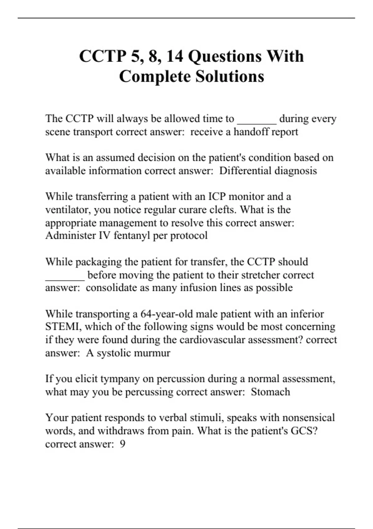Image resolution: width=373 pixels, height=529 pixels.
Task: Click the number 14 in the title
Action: [x=174, y=56]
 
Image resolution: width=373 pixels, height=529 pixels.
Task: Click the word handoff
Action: [x=252, y=132]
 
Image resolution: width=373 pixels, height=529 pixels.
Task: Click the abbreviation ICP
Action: [x=217, y=197]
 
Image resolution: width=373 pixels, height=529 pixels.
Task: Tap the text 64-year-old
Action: [x=164, y=314]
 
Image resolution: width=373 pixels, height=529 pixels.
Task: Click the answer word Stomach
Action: [x=270, y=392]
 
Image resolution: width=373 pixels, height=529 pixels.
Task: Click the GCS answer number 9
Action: [x=122, y=444]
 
